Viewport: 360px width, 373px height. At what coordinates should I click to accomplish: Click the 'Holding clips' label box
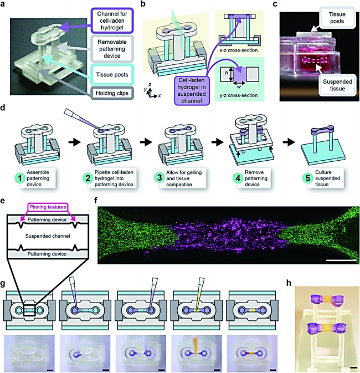pyautogui.click(x=112, y=93)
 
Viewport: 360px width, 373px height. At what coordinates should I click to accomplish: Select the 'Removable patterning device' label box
pyautogui.click(x=112, y=49)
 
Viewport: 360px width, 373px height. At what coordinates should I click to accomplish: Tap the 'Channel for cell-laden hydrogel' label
pyautogui.click(x=112, y=21)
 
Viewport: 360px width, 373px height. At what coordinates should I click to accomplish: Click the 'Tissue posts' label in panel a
pyautogui.click(x=112, y=74)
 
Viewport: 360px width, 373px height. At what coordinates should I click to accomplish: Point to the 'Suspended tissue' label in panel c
pyautogui.click(x=337, y=85)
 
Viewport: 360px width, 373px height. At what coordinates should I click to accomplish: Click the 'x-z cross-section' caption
pyautogui.click(x=239, y=50)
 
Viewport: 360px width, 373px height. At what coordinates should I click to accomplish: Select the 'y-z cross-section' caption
pyautogui.click(x=239, y=95)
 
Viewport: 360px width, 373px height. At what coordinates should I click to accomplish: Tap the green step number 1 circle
pyautogui.click(x=20, y=178)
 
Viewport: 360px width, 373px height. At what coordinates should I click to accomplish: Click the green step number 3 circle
pyautogui.click(x=160, y=178)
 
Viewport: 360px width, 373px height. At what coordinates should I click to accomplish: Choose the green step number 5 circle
pyautogui.click(x=308, y=178)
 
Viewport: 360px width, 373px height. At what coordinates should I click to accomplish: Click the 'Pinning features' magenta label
pyautogui.click(x=48, y=207)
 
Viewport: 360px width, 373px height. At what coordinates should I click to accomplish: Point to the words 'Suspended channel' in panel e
pyautogui.click(x=48, y=236)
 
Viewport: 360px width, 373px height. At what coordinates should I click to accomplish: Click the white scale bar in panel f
pyautogui.click(x=342, y=260)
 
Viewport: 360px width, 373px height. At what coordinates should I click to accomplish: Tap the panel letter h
pyautogui.click(x=289, y=283)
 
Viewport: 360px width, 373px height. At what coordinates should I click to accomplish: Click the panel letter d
pyautogui.click(x=3, y=108)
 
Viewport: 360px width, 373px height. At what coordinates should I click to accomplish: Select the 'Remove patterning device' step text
pyautogui.click(x=256, y=178)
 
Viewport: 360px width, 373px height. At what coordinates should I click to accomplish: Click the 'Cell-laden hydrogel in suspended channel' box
pyautogui.click(x=192, y=91)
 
